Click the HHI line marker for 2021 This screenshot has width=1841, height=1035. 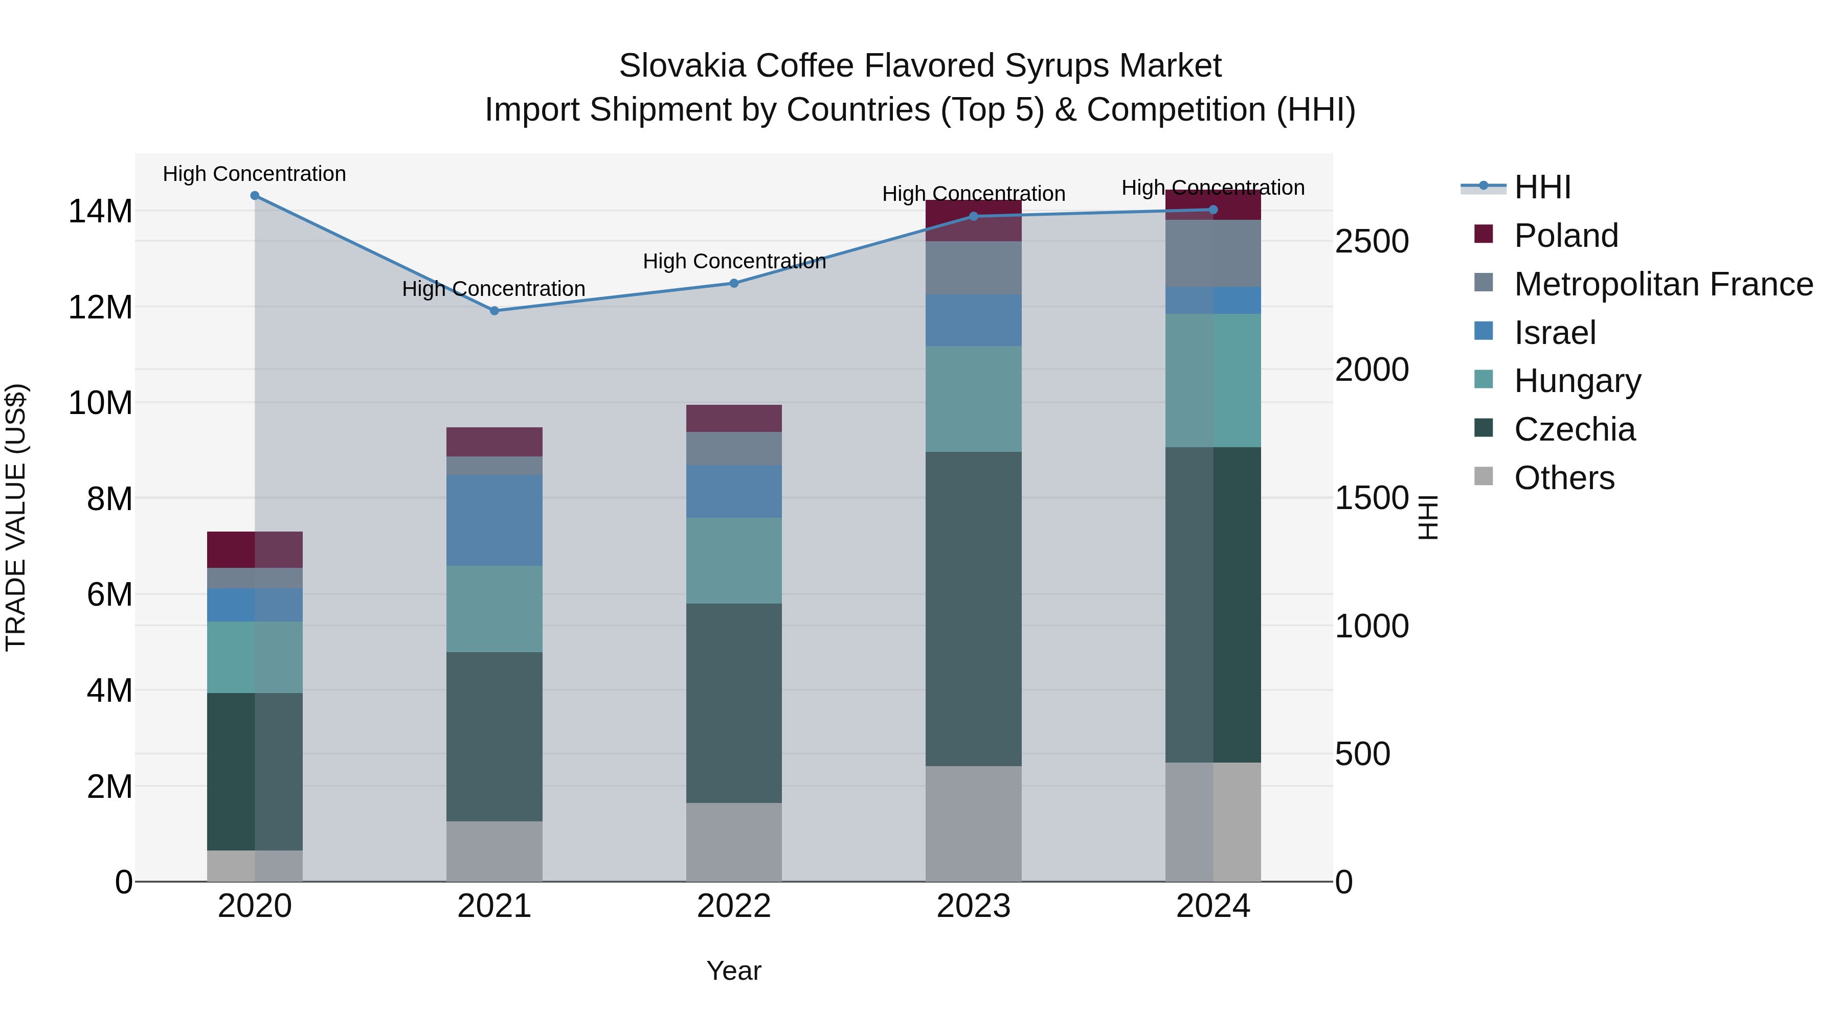click(x=494, y=311)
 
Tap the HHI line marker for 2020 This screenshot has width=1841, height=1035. click(x=255, y=196)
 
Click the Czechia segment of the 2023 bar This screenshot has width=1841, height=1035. click(x=973, y=609)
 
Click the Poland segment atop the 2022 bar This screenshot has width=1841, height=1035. click(x=733, y=418)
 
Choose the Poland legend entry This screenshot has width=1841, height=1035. click(x=1565, y=236)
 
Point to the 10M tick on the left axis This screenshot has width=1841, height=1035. click(x=100, y=403)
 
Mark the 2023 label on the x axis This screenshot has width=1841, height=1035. click(x=973, y=906)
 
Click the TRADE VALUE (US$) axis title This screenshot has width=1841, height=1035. click(x=16, y=517)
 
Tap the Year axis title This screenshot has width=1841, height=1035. click(x=733, y=971)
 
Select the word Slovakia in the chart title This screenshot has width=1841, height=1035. click(x=682, y=66)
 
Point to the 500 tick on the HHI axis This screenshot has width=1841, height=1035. click(x=1362, y=754)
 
